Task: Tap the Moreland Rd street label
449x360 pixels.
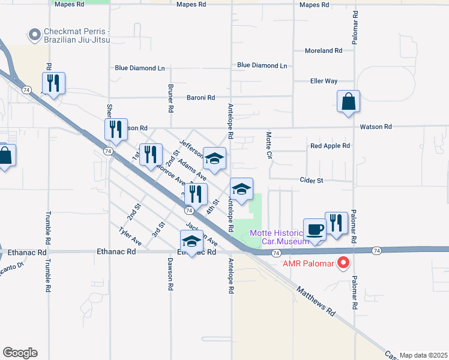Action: [x=323, y=51]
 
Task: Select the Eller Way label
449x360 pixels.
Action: [x=324, y=81]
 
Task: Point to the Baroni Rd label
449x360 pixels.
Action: [x=200, y=97]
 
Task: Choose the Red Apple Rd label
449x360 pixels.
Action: [x=330, y=146]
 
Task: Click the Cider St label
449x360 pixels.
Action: [x=312, y=180]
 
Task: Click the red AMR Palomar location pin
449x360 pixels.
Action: [x=343, y=262]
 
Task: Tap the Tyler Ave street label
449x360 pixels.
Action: [x=130, y=236]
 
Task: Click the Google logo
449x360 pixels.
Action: [x=20, y=353]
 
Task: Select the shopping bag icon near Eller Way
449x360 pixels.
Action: [x=348, y=101]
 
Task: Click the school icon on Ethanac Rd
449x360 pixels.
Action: [x=191, y=242]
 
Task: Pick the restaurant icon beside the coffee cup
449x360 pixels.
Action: [x=336, y=223]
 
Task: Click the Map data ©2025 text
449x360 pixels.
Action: [x=423, y=355]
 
